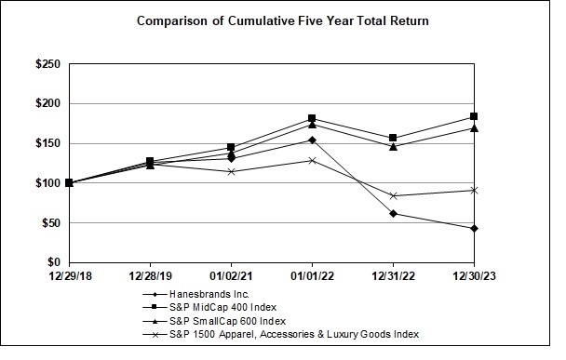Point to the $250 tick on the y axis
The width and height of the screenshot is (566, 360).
(49, 64)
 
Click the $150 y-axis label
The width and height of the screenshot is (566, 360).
(49, 143)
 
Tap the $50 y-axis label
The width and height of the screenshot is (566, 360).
(52, 223)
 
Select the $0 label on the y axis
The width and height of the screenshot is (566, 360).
(55, 263)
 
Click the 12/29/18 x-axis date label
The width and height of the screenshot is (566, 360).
(69, 275)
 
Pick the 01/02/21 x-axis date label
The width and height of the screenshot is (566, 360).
(231, 275)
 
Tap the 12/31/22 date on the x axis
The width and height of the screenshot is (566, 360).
(393, 275)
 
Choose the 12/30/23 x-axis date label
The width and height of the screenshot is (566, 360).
(474, 275)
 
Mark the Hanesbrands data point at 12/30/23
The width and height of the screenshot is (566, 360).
(474, 228)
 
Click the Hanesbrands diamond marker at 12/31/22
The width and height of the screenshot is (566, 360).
(393, 213)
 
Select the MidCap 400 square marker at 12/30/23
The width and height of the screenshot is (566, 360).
(474, 116)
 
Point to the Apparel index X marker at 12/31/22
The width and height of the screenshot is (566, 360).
(393, 195)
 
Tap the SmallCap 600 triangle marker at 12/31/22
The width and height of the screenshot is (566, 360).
(393, 146)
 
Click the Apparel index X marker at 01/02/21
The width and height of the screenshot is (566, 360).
(231, 171)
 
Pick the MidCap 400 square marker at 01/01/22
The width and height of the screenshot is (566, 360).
(312, 118)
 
